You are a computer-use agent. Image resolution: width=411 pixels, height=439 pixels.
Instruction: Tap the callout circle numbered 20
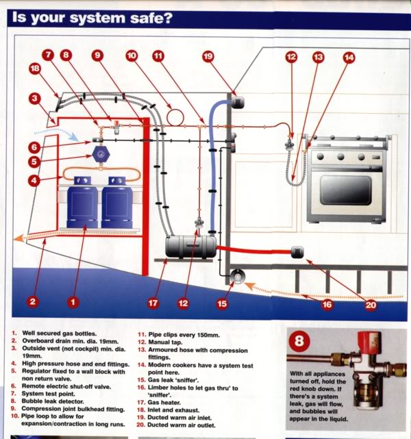[371, 305]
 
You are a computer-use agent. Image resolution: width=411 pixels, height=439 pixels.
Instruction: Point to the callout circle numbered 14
[349, 58]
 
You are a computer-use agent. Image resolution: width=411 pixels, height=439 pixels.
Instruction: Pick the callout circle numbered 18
[34, 68]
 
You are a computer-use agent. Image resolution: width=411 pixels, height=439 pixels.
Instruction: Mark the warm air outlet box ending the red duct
[297, 251]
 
